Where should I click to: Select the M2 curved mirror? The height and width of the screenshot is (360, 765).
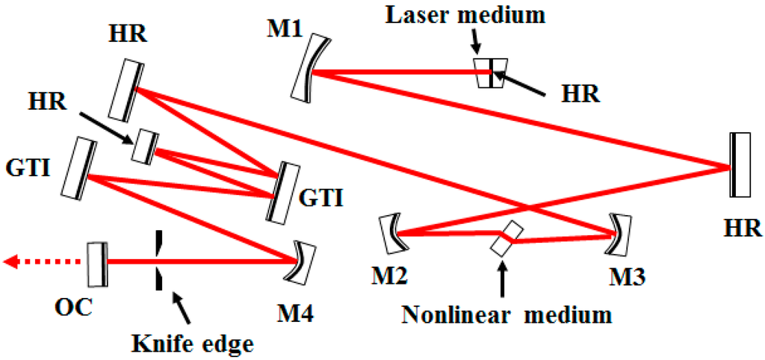(x=391, y=234)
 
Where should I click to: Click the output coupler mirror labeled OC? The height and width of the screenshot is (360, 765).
(x=96, y=262)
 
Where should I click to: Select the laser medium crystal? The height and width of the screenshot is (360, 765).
(x=490, y=72)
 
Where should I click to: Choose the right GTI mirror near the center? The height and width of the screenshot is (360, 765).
(x=278, y=191)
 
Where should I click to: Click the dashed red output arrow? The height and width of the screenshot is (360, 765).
(x=41, y=261)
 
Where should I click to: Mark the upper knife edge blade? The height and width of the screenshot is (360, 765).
(x=158, y=243)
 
